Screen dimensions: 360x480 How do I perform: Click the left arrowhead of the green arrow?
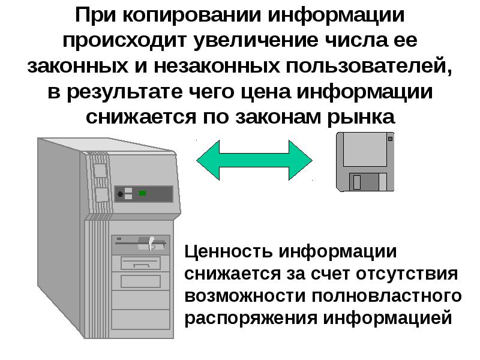[x=211, y=161]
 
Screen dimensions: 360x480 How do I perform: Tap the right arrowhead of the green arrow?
[x=300, y=161]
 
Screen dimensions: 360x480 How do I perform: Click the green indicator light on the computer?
[x=143, y=193]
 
